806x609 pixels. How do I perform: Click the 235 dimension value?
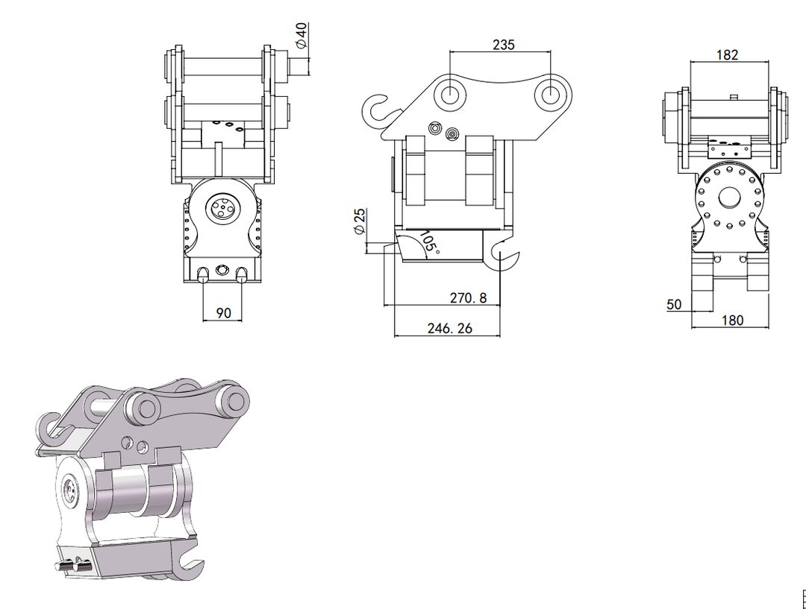[x=503, y=45]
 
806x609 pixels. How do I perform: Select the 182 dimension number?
[x=727, y=54]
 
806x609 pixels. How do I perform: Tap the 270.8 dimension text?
[x=468, y=297]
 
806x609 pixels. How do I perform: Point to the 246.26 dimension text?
[x=449, y=328]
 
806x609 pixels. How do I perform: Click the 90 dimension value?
[x=223, y=313]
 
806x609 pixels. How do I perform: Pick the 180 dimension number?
[x=732, y=321]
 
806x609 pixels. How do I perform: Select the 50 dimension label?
[x=674, y=304]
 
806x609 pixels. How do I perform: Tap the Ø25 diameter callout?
[x=360, y=221]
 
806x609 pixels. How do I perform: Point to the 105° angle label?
[x=430, y=242]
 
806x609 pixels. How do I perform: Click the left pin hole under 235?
[x=450, y=94]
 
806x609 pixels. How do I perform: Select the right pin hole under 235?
[x=550, y=95]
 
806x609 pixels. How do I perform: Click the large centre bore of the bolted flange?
[x=728, y=198]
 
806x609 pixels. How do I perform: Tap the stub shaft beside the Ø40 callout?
[x=299, y=65]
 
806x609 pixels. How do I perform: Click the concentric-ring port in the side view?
[x=452, y=133]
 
